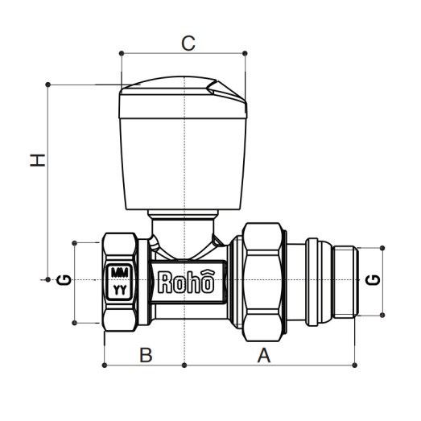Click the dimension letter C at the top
(187, 43)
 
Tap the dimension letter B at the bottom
(145, 355)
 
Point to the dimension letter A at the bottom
(262, 355)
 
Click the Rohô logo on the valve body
(186, 283)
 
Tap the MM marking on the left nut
(120, 271)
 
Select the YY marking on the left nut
(120, 287)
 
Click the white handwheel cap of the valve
(184, 153)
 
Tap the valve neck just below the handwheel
(184, 225)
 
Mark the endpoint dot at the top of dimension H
(49, 84)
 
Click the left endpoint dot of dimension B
(105, 365)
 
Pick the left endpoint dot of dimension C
(121, 54)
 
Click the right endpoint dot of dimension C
(246, 54)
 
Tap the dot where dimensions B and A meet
(185, 365)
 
